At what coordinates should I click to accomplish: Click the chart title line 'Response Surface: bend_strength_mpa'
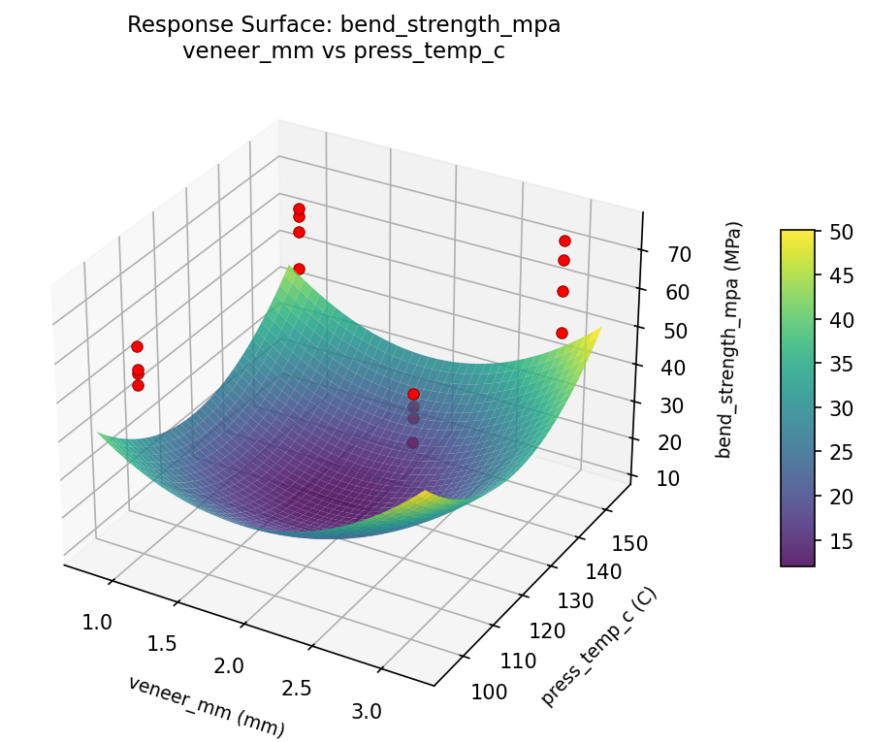(x=343, y=25)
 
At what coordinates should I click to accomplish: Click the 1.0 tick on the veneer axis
(x=98, y=622)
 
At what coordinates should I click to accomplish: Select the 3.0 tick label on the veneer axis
(x=368, y=711)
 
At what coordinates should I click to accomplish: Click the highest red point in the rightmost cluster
(x=564, y=241)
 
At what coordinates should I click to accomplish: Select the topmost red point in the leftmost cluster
(x=137, y=346)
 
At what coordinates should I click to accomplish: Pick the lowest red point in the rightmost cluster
(x=562, y=333)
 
